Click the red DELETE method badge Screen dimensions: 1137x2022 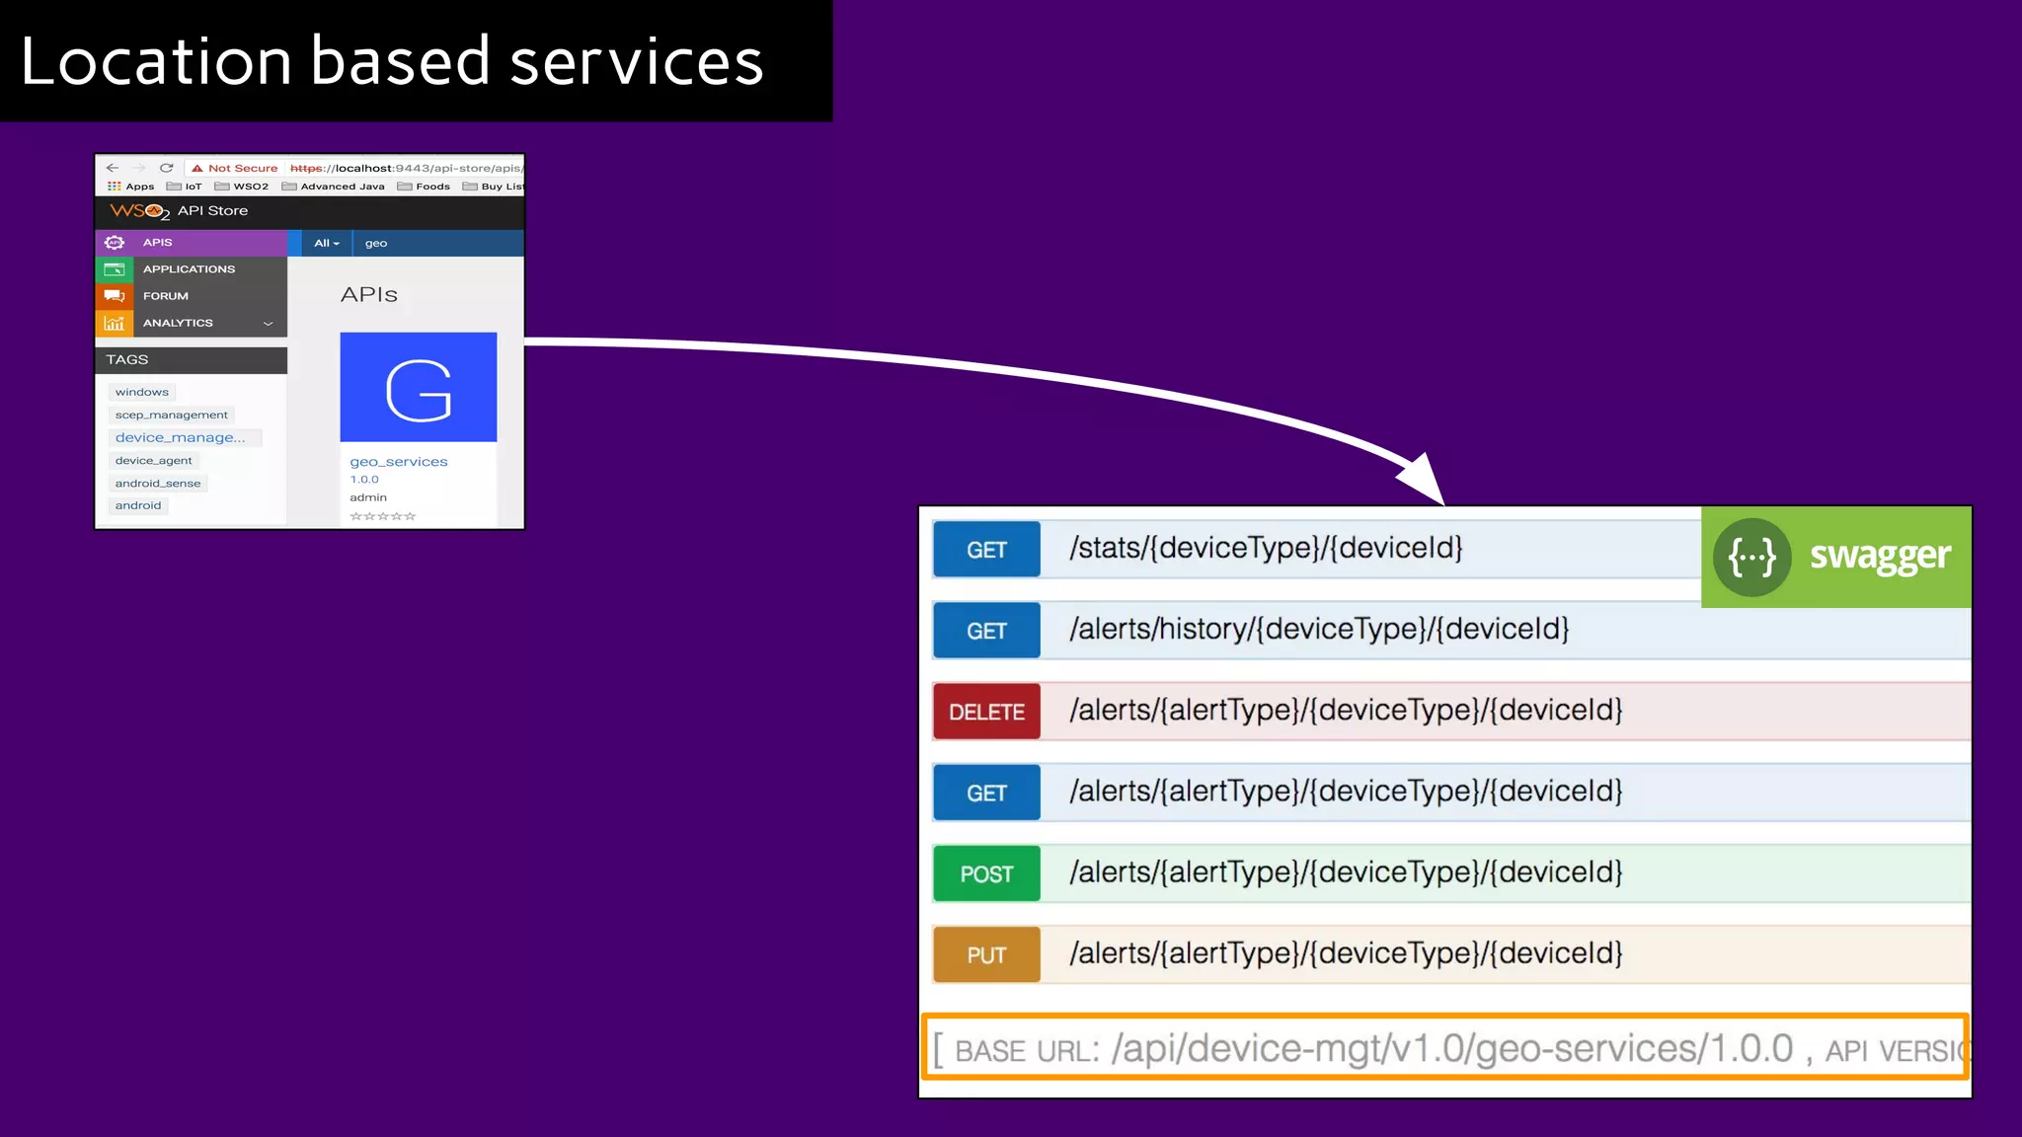(986, 712)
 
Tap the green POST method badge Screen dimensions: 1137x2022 (986, 873)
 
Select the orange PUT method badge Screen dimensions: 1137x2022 (986, 954)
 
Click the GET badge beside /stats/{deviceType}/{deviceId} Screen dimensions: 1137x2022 (986, 550)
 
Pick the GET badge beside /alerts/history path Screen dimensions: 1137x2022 (986, 631)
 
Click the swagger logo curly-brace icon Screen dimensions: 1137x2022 (1751, 558)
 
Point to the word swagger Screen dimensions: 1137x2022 (1880, 557)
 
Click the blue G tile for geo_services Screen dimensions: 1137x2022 (419, 387)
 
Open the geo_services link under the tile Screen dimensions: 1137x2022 (399, 462)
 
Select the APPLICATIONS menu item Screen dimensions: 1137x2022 (189, 268)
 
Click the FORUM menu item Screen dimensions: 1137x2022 (165, 296)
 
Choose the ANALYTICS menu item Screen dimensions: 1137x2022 (178, 323)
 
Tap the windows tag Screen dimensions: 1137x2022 (141, 392)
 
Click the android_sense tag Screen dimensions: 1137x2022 (157, 484)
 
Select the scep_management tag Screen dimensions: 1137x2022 (171, 415)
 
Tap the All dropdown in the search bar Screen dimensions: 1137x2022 (326, 243)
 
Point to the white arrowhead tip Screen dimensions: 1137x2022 (1440, 501)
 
